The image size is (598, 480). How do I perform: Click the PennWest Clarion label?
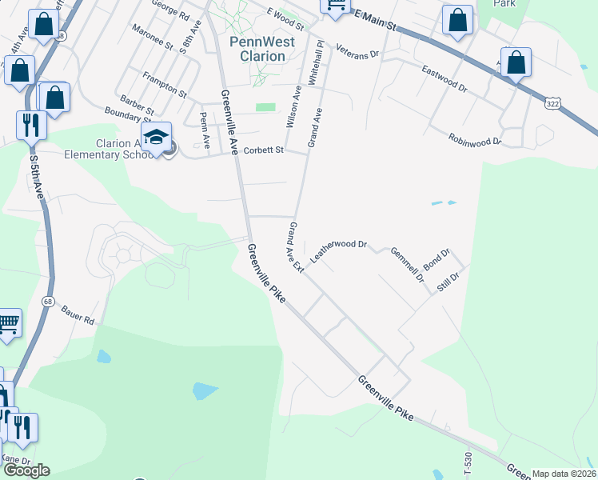(x=257, y=49)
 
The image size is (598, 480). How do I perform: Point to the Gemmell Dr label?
(x=406, y=265)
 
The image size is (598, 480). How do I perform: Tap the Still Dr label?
(x=448, y=282)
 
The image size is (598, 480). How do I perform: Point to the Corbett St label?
(x=264, y=150)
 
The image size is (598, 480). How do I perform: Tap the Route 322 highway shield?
(x=553, y=103)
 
